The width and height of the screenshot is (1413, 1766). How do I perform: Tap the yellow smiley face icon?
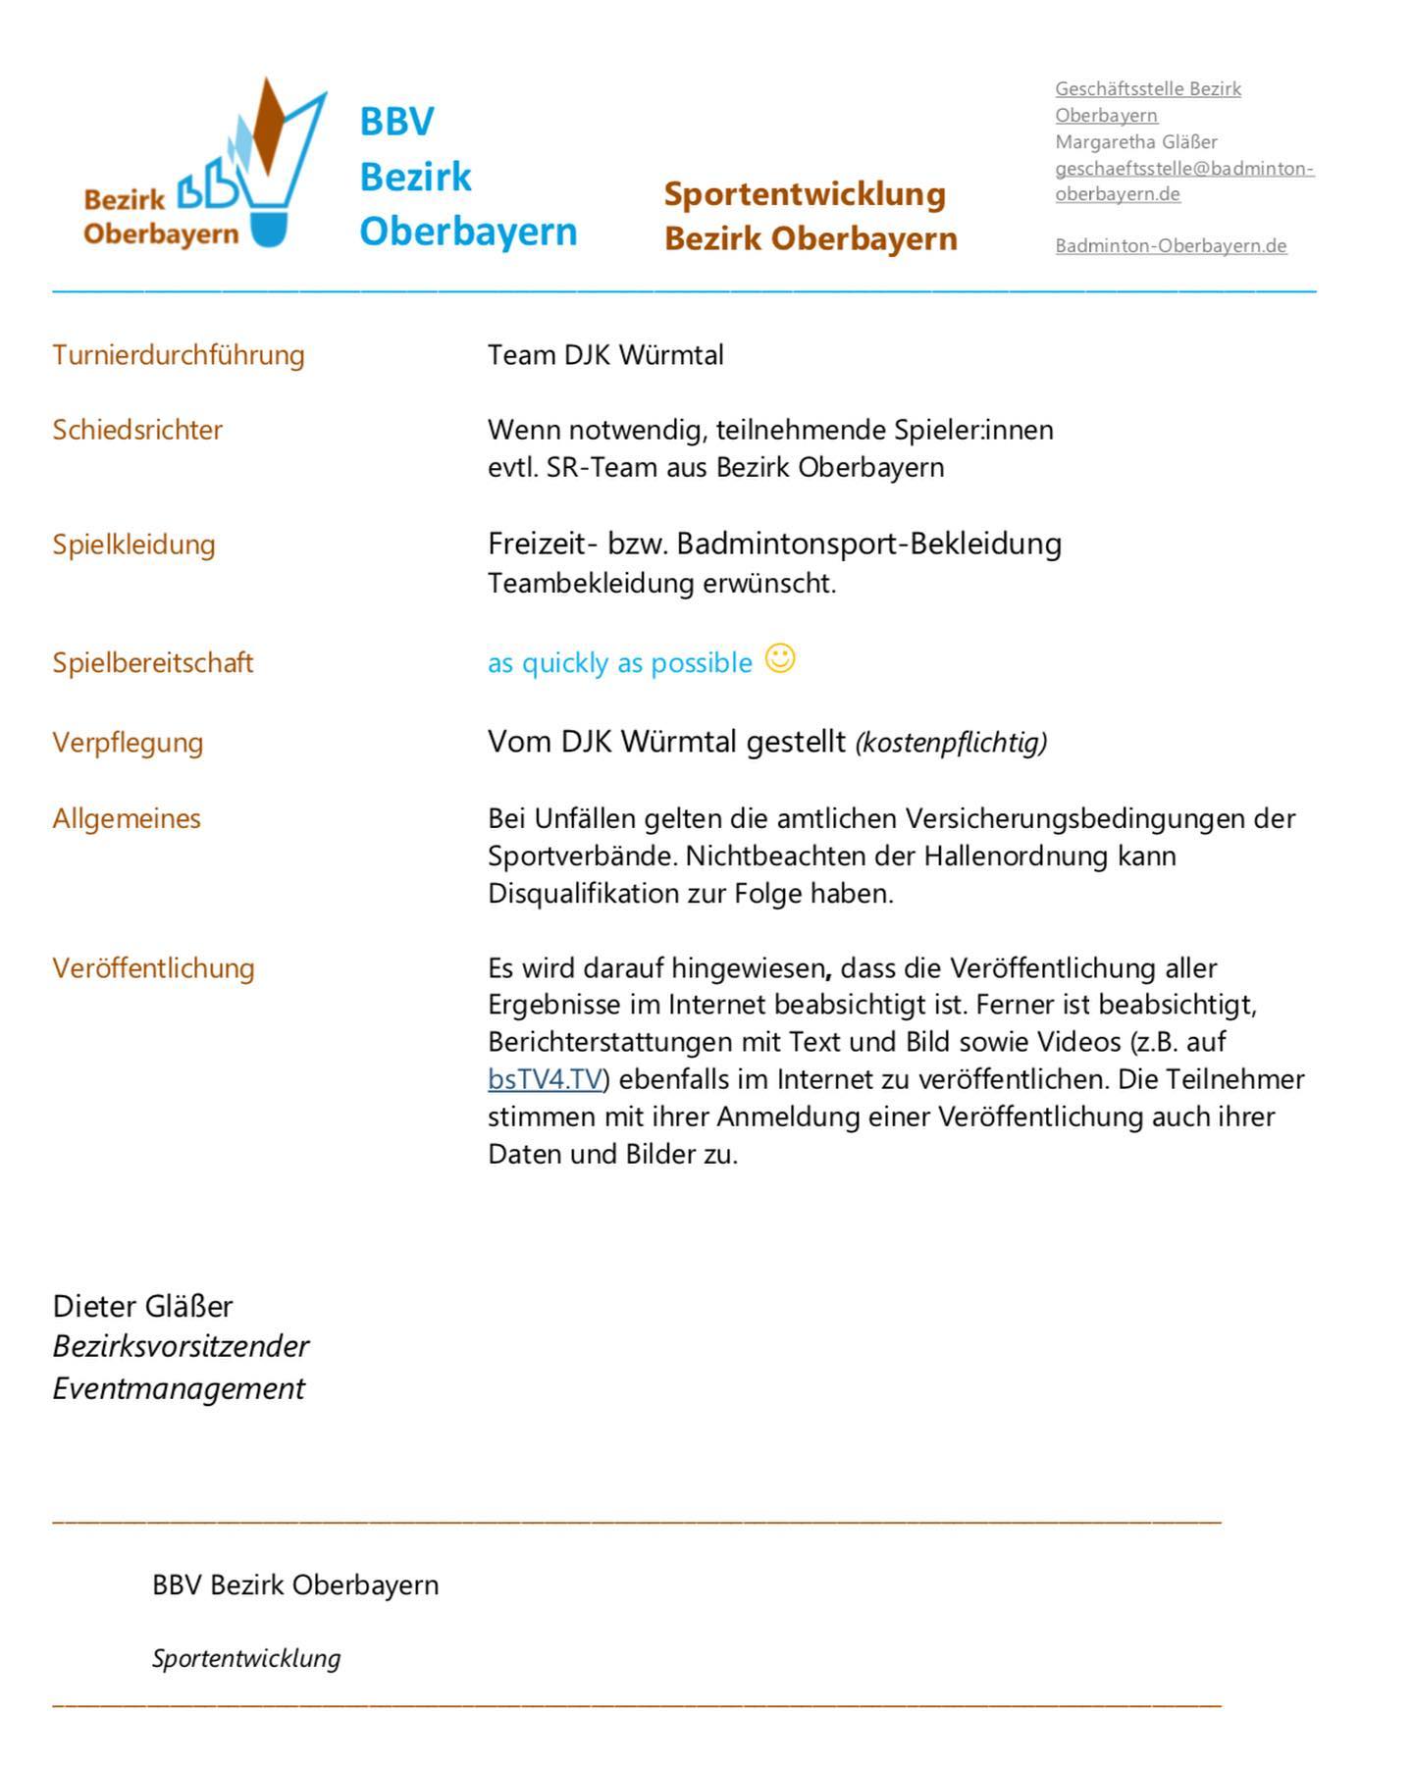click(x=780, y=658)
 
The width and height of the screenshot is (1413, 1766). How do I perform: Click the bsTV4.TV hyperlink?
click(x=545, y=1079)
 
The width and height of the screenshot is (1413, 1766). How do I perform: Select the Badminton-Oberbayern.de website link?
click(x=1171, y=245)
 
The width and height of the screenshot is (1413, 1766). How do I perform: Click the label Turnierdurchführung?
click(x=179, y=354)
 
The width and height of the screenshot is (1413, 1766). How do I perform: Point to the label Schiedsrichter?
click(x=137, y=430)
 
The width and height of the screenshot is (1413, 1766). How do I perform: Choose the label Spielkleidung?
click(x=133, y=545)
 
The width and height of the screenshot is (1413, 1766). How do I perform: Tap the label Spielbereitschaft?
click(x=152, y=662)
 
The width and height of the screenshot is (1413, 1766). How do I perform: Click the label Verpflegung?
click(x=128, y=742)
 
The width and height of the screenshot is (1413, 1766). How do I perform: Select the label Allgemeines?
click(x=127, y=818)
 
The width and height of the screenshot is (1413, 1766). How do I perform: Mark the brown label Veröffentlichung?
click(x=153, y=968)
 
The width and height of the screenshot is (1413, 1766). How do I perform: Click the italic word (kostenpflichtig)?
click(x=951, y=743)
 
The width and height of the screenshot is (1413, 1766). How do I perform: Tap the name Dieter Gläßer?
click(x=142, y=1306)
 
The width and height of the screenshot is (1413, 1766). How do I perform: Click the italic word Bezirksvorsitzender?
click(x=181, y=1346)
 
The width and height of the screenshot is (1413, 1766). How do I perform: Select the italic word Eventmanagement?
click(x=179, y=1388)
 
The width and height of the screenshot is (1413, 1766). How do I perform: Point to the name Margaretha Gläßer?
click(x=1136, y=141)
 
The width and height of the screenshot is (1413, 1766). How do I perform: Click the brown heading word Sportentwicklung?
click(x=805, y=193)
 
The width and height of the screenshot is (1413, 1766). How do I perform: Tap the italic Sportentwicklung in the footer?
click(x=246, y=1658)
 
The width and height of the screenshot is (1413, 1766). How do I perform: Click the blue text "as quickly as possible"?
click(x=620, y=663)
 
